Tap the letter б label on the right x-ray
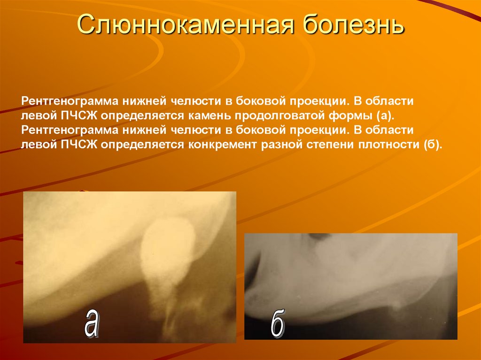click(278, 323)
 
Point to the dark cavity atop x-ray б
click(320, 238)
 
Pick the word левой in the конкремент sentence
click(39, 146)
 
